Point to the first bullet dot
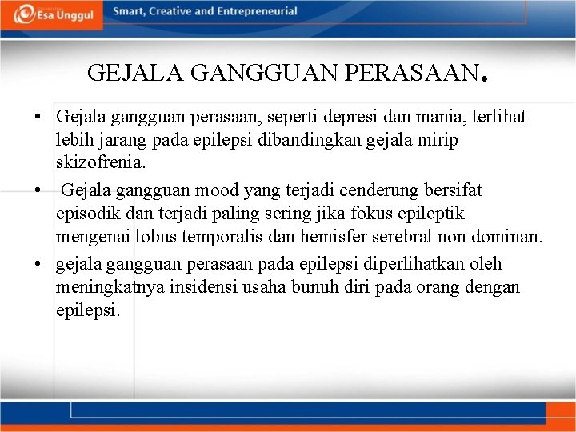pos(38,118)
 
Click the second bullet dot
pos(38,191)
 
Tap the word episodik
pos(89,214)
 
